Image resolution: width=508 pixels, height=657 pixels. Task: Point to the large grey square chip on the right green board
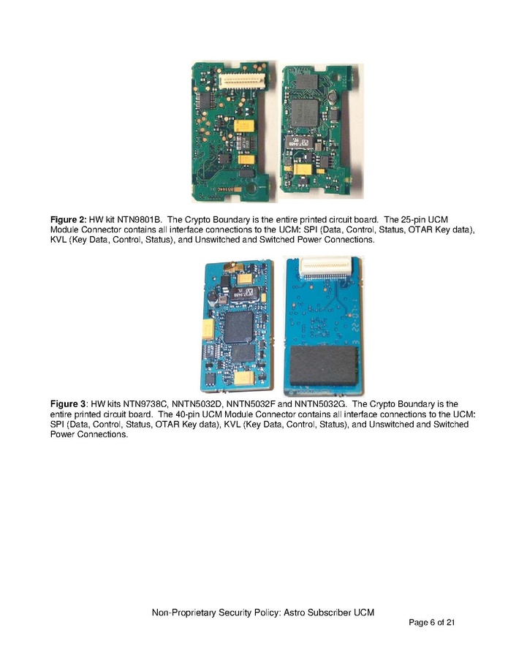pos(304,113)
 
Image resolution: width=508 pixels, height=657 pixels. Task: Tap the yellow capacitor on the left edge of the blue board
pos(208,329)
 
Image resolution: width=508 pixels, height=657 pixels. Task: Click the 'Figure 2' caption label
pos(69,220)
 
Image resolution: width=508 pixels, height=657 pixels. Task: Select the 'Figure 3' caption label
pos(69,404)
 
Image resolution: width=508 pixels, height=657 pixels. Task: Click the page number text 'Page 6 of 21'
pos(432,623)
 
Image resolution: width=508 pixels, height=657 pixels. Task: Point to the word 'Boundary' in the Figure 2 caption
pos(227,220)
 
